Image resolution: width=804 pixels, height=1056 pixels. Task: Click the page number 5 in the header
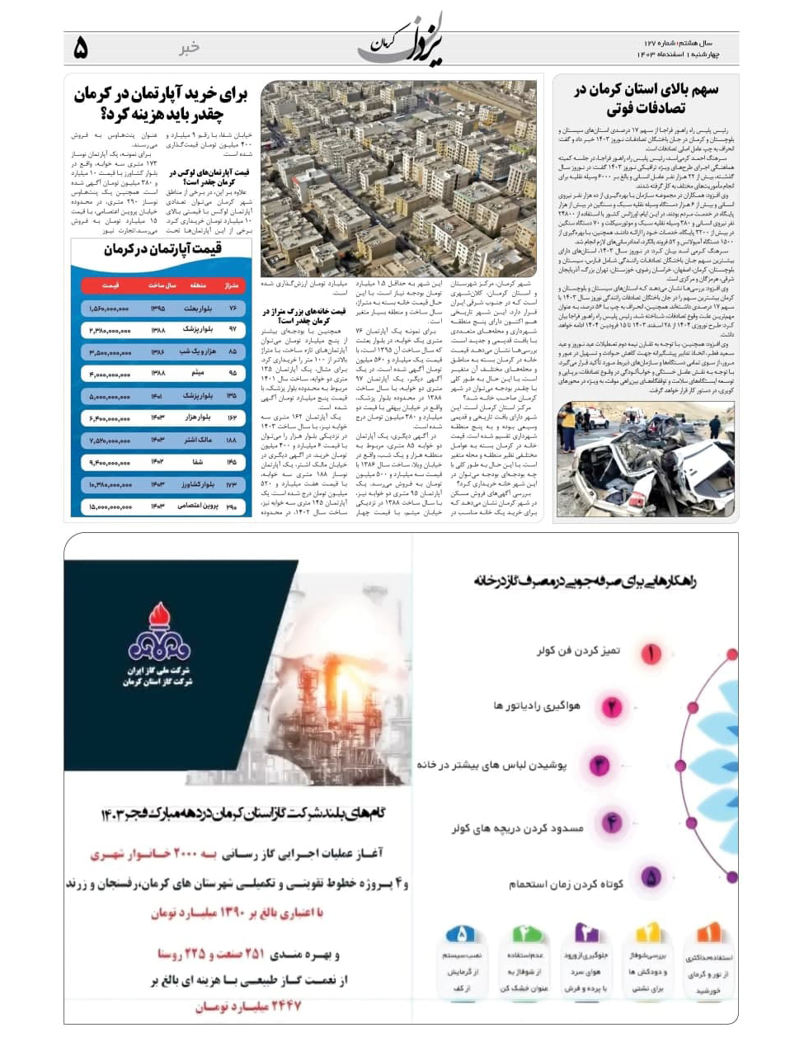point(80,49)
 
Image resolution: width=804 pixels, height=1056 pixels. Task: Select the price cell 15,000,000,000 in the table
point(110,507)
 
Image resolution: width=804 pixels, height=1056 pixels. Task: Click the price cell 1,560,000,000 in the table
point(110,309)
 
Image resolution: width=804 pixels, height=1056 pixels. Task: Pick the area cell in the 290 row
point(232,507)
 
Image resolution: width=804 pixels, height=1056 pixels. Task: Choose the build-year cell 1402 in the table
point(158,463)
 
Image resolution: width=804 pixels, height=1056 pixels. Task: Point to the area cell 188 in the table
point(232,441)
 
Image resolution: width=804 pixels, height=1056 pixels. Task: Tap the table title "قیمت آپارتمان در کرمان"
point(162,249)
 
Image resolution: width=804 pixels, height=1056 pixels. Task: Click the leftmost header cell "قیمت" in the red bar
point(110,285)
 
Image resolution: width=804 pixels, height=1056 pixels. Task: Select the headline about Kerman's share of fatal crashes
point(646,99)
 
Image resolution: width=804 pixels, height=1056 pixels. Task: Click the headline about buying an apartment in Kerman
point(161,103)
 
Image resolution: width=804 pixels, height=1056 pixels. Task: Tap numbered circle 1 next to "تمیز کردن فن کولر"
point(651,653)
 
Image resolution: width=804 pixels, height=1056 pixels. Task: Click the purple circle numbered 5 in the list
point(651,877)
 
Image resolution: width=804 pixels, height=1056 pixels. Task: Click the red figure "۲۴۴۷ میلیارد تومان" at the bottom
point(248,1006)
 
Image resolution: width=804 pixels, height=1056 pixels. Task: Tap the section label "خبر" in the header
point(190,48)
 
